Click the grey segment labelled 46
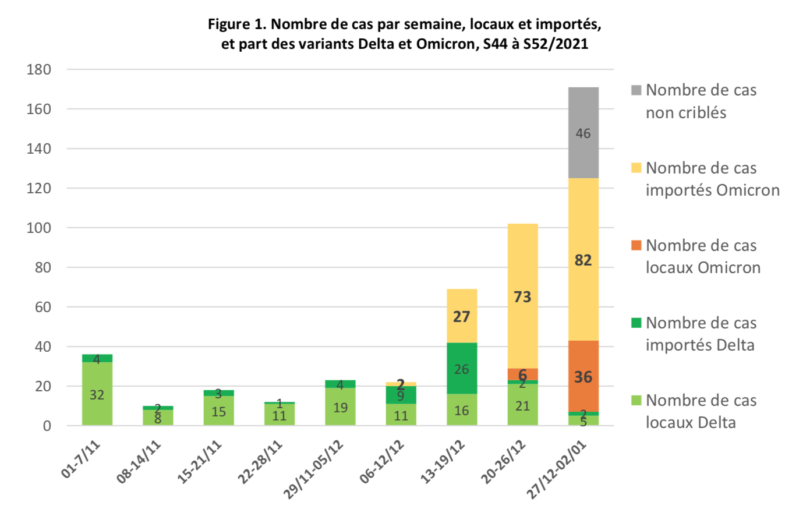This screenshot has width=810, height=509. (x=583, y=133)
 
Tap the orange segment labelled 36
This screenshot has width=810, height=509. (x=583, y=376)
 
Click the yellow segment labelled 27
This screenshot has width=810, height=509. (x=462, y=316)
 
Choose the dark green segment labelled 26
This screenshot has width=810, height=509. (x=462, y=369)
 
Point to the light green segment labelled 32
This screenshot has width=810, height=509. (x=97, y=394)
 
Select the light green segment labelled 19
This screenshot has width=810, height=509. (x=340, y=407)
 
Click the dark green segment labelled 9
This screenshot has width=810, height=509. (x=401, y=395)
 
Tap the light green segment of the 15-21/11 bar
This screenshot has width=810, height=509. (x=218, y=411)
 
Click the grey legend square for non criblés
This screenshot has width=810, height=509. (x=636, y=90)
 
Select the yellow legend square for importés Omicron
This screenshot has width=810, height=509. (x=636, y=168)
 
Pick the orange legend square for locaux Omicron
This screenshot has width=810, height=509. (x=636, y=245)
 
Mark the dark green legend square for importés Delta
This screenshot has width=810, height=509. (x=636, y=323)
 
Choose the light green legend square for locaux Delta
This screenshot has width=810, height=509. (x=636, y=400)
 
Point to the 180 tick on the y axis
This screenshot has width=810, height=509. (x=39, y=70)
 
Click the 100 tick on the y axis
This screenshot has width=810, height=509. (x=39, y=228)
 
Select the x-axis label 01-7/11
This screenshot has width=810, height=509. (x=81, y=459)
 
